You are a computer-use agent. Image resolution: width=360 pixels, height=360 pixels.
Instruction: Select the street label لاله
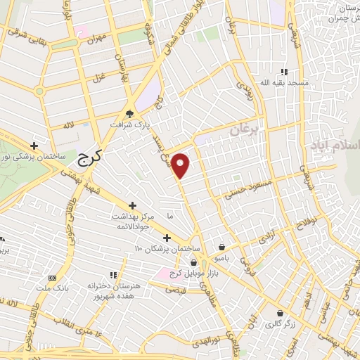tap(68, 124)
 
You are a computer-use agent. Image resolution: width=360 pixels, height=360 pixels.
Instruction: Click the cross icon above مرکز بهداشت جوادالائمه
tap(132, 205)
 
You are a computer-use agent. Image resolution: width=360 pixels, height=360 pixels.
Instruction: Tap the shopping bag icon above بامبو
tap(222, 247)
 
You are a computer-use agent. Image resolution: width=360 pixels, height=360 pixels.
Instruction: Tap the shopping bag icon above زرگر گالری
tap(281, 314)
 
